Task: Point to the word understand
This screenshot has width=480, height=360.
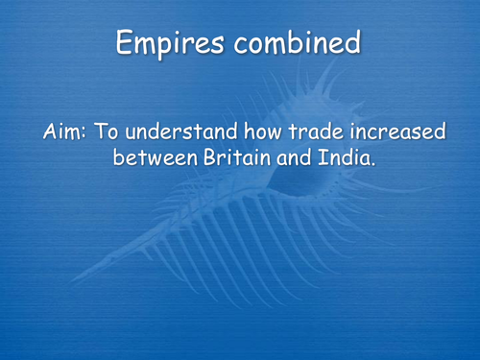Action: click(x=182, y=132)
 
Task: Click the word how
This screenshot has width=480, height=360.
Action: click(x=265, y=132)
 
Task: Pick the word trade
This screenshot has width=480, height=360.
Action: click(x=323, y=132)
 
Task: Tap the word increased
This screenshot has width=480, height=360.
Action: click(x=400, y=132)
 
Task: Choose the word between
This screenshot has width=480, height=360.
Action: click(x=153, y=156)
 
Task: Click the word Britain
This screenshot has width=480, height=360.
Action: click(x=232, y=156)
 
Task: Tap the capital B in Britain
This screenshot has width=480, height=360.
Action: click(x=205, y=156)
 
